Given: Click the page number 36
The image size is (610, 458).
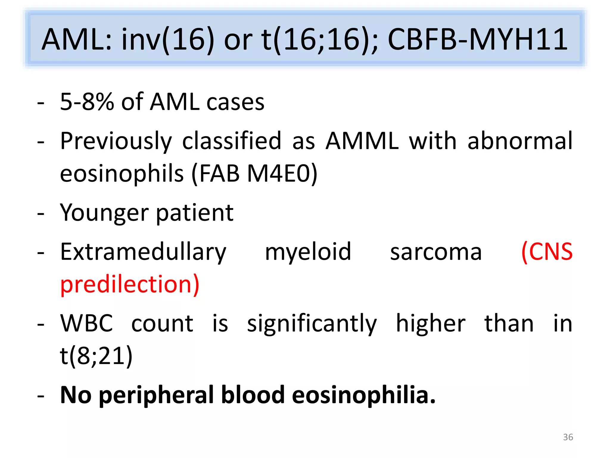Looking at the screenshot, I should pos(568,437).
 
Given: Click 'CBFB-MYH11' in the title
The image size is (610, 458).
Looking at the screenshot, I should pos(477,39).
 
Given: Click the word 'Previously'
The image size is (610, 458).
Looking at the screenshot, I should pos(116,141).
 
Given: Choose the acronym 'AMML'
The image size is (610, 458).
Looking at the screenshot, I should pos(362,141).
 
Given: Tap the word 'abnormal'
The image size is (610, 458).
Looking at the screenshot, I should pos(520,141).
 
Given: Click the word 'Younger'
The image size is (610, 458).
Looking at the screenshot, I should pos(104,213).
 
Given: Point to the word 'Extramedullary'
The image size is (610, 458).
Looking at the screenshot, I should pos(143,252).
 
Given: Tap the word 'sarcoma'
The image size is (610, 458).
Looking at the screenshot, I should pos(436,252).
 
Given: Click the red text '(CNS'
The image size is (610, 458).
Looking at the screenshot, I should pos(547,252).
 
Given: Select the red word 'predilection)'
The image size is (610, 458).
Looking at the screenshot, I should pos(130,284).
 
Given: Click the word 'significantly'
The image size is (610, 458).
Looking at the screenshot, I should pos(312,324).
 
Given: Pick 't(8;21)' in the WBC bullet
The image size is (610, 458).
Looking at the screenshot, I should pos(96,356).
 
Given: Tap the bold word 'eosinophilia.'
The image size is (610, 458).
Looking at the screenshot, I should pos(364,395).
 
